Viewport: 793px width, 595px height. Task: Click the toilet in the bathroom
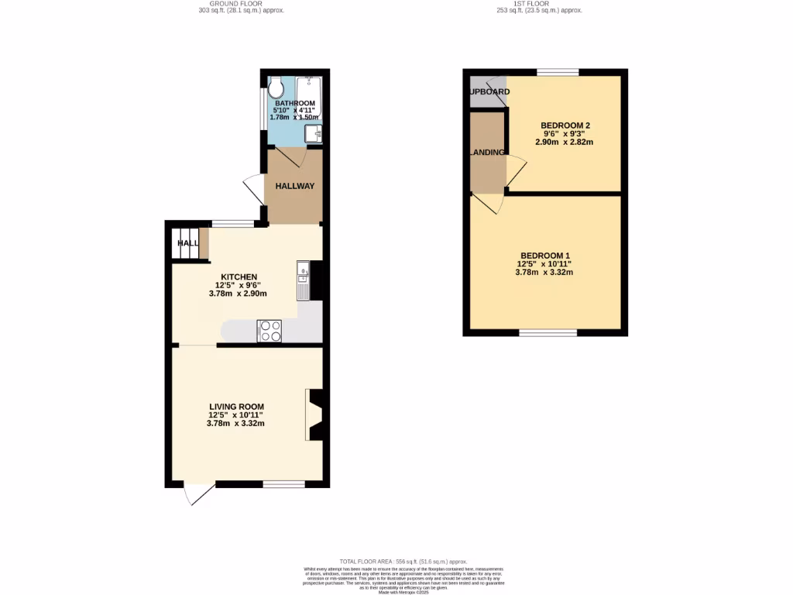tap(276, 89)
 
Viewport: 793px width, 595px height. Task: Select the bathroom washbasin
tap(314, 134)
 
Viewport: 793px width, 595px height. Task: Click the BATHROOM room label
tap(294, 103)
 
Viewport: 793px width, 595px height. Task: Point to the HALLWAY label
tap(295, 186)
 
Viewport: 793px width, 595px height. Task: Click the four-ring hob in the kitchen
tap(270, 331)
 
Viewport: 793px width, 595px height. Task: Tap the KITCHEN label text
tap(239, 277)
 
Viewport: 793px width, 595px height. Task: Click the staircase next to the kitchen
tap(185, 242)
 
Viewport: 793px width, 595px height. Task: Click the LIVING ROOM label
tap(236, 407)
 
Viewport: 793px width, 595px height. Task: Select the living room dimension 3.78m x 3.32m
tap(236, 424)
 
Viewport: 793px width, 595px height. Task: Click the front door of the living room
tap(199, 494)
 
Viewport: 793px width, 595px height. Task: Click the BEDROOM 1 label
tap(544, 256)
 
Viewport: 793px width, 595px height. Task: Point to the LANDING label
tap(488, 153)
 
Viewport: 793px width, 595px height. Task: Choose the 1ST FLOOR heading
tap(540, 4)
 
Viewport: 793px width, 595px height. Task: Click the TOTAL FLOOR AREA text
tap(403, 561)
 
